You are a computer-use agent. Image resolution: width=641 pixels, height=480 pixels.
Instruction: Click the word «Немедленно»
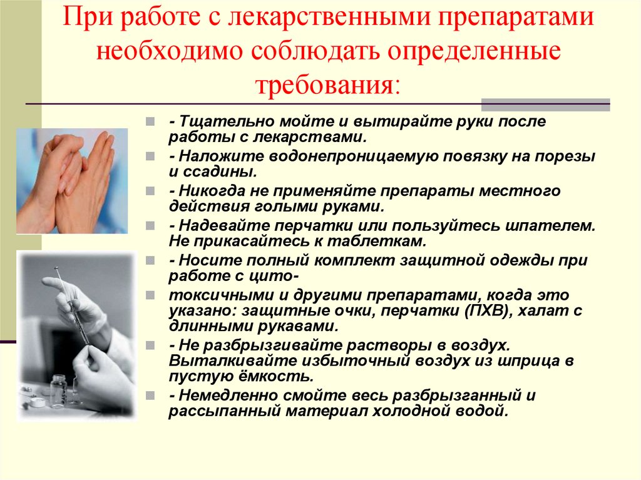218,396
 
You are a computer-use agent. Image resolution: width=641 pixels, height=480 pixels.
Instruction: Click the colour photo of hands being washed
71,181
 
